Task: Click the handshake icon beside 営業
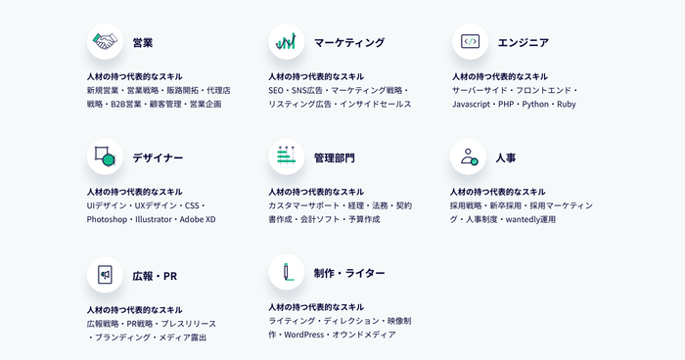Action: pyautogui.click(x=105, y=42)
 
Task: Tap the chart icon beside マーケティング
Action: pyautogui.click(x=286, y=42)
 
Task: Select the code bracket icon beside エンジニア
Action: pyautogui.click(x=470, y=42)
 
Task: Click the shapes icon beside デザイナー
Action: pyautogui.click(x=105, y=157)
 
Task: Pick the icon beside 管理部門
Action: pyautogui.click(x=286, y=157)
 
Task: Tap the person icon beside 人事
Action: pyautogui.click(x=469, y=157)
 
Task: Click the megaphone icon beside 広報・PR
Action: pyautogui.click(x=105, y=275)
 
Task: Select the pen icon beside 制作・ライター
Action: pyautogui.click(x=286, y=272)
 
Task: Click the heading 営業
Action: pyautogui.click(x=143, y=43)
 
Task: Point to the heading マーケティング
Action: pyautogui.click(x=349, y=43)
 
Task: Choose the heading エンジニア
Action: pyautogui.click(x=523, y=43)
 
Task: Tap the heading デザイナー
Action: pyautogui.click(x=158, y=157)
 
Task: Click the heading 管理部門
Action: pyautogui.click(x=335, y=157)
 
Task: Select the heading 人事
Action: pyautogui.click(x=506, y=157)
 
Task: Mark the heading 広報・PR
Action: pyautogui.click(x=155, y=276)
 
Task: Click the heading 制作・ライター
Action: pyautogui.click(x=349, y=273)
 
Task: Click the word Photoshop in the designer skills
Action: pyautogui.click(x=107, y=220)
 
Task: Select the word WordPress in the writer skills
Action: pyautogui.click(x=303, y=335)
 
